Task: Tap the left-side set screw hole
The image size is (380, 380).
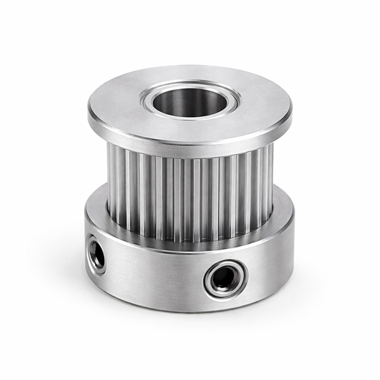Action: coord(97,256)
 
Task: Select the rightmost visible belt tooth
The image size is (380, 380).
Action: coord(270,182)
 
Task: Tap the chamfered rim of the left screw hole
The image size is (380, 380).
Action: coord(91,253)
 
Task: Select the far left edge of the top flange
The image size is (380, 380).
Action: coord(89,113)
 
